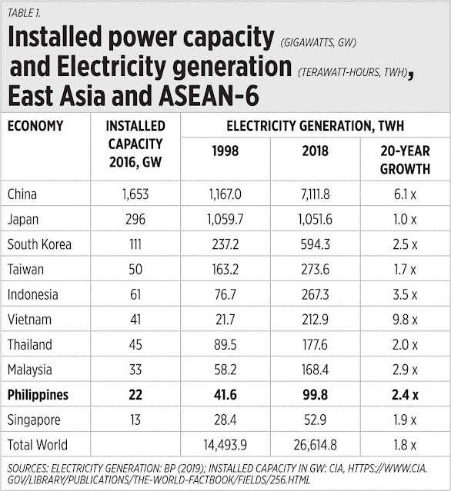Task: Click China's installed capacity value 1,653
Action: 135,194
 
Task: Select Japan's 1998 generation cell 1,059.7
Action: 225,219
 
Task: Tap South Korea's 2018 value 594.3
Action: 316,244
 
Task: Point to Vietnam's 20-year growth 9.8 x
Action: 405,320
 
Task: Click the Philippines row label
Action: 38,394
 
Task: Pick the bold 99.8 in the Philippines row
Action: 316,394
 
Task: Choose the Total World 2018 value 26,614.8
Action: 316,445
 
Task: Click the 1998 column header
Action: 225,151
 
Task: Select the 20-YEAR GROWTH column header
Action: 405,160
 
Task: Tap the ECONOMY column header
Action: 35,126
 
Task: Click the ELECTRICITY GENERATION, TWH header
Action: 316,126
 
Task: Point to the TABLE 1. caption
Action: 24,13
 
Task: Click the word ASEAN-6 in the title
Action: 209,95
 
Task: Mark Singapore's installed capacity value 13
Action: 135,420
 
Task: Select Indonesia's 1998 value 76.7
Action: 225,294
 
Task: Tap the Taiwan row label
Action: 25,269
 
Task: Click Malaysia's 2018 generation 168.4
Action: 316,370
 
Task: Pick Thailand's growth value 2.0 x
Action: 405,344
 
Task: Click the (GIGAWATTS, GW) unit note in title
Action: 319,42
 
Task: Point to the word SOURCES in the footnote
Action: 28,469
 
